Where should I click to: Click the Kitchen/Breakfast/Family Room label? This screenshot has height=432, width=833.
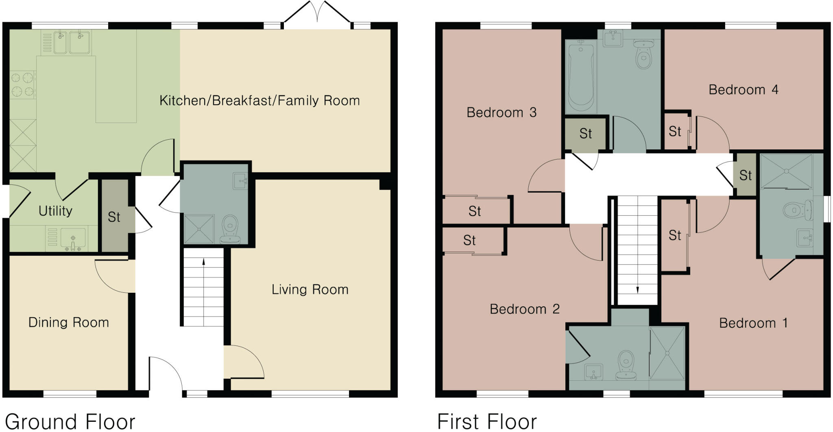click(259, 101)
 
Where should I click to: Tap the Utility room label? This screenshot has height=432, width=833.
click(55, 211)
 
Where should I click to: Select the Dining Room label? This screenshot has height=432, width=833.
click(68, 322)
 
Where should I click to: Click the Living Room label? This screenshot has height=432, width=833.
click(310, 289)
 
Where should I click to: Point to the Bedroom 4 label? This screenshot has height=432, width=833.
click(743, 90)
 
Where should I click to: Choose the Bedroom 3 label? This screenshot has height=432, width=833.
click(501, 112)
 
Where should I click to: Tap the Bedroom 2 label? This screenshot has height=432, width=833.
click(524, 309)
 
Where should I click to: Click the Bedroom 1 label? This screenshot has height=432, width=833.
click(753, 323)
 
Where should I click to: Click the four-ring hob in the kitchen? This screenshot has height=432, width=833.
click(22, 84)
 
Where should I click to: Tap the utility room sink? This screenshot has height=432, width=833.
click(73, 238)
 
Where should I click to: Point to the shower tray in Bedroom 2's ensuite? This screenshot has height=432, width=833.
click(667, 353)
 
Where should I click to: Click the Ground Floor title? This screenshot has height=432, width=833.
click(70, 421)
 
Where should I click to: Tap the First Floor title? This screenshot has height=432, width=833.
click(487, 421)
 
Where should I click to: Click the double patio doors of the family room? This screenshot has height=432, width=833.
click(317, 14)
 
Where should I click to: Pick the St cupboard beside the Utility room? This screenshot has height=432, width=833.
click(114, 217)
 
